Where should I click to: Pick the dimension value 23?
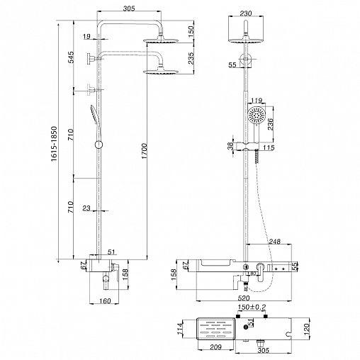[86, 208]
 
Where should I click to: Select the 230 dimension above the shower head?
[246, 13]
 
